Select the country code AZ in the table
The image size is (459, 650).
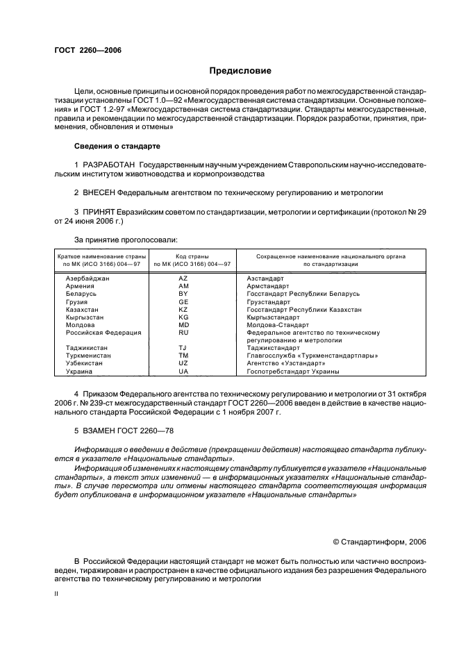click(183, 278)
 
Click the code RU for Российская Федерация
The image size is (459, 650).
click(183, 332)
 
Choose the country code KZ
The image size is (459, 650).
click(183, 309)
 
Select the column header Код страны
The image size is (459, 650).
click(192, 256)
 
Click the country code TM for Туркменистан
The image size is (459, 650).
click(183, 356)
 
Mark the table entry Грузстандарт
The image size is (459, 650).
click(269, 301)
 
